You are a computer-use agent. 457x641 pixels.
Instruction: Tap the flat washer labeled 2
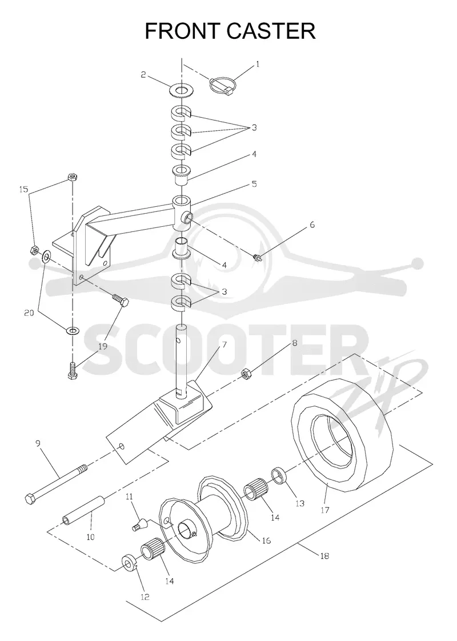pyautogui.click(x=181, y=89)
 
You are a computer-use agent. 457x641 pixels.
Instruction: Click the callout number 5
pyautogui.click(x=254, y=185)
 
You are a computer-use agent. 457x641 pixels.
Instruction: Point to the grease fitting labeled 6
pyautogui.click(x=258, y=258)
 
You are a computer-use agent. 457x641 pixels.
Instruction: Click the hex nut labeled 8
pyautogui.click(x=246, y=373)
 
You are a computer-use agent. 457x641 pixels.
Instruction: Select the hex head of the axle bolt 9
pyautogui.click(x=31, y=499)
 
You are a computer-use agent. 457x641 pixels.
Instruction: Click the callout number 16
pyautogui.click(x=266, y=540)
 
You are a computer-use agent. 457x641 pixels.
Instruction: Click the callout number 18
pyautogui.click(x=324, y=555)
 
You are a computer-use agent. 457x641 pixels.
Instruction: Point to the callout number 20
pyautogui.click(x=29, y=313)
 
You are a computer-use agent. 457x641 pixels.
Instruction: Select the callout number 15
pyautogui.click(x=24, y=189)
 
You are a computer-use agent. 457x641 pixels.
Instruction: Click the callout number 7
pyautogui.click(x=224, y=344)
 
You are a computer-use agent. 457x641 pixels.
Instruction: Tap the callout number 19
pyautogui.click(x=102, y=346)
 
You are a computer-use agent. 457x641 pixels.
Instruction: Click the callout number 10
pyautogui.click(x=90, y=537)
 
